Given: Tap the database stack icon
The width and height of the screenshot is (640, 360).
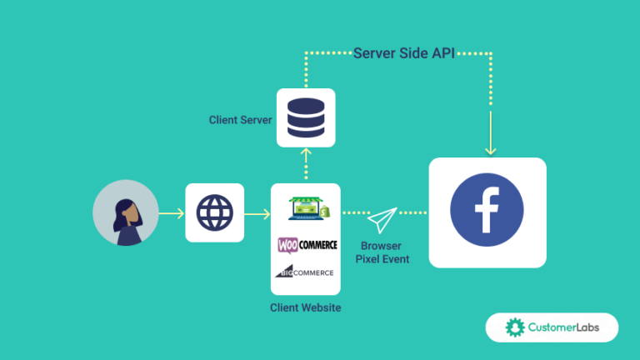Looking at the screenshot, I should pyautogui.click(x=306, y=117).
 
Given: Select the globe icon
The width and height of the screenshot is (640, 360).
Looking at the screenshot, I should pyautogui.click(x=214, y=212).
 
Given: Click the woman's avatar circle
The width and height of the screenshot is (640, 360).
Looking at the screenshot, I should pyautogui.click(x=126, y=213).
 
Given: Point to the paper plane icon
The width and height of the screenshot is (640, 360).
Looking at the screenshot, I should pyautogui.click(x=382, y=220).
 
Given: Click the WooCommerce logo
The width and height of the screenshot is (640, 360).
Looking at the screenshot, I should pyautogui.click(x=307, y=245).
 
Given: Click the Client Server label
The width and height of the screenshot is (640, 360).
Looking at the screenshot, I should pyautogui.click(x=240, y=120).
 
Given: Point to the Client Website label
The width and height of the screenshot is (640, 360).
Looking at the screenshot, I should pyautogui.click(x=305, y=307).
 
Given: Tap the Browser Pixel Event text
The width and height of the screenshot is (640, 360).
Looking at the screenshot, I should pyautogui.click(x=381, y=252).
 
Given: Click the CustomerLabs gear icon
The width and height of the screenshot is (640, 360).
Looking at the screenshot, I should pyautogui.click(x=514, y=327).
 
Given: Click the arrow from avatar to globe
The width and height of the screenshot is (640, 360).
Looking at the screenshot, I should pyautogui.click(x=172, y=213).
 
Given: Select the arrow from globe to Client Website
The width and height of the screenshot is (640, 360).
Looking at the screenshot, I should pyautogui.click(x=257, y=213).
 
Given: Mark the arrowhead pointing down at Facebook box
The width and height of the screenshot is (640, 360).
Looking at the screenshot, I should pyautogui.click(x=490, y=150).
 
